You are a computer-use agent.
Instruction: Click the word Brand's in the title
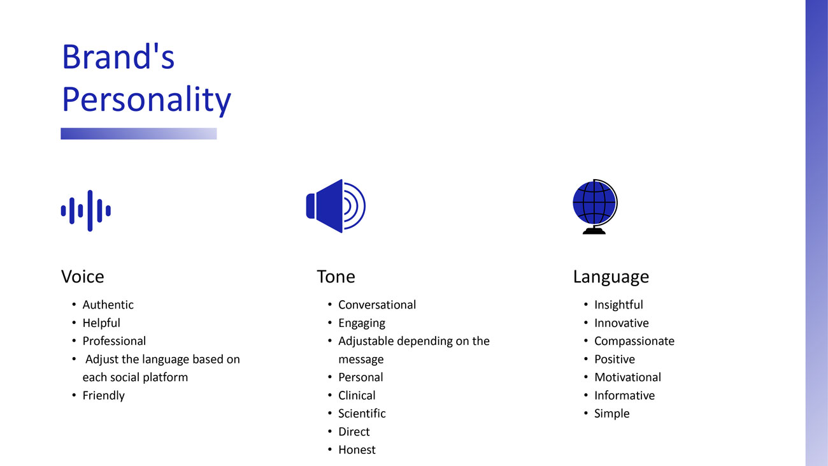118,57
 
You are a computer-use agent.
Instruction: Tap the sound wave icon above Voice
86,211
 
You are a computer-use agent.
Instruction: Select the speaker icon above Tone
336,206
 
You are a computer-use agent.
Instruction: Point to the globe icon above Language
595,207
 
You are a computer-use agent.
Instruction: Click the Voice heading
82,277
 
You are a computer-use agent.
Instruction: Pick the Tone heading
336,277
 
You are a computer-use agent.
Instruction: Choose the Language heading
611,277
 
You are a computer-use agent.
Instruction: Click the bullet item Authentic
108,305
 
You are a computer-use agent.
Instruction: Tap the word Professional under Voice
114,341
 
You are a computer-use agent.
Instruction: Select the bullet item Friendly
103,396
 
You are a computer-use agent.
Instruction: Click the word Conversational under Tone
377,305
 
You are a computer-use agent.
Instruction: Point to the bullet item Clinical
357,395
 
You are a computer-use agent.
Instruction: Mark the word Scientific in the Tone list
362,414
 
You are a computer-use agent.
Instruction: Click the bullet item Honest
357,449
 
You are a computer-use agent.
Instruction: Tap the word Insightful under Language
619,305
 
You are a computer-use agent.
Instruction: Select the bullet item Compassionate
634,341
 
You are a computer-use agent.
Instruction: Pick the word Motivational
627,377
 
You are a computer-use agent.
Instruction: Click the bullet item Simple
611,414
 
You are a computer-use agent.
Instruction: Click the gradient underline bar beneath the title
139,133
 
